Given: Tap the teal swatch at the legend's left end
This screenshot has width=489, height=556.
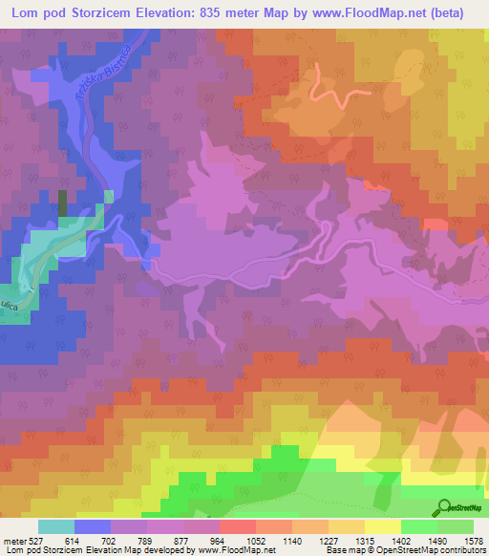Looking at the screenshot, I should pyautogui.click(x=55, y=526).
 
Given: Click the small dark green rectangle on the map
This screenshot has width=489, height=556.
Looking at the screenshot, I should pyautogui.click(x=63, y=203).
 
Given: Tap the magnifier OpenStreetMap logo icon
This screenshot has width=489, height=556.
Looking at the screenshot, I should pyautogui.click(x=445, y=507).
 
